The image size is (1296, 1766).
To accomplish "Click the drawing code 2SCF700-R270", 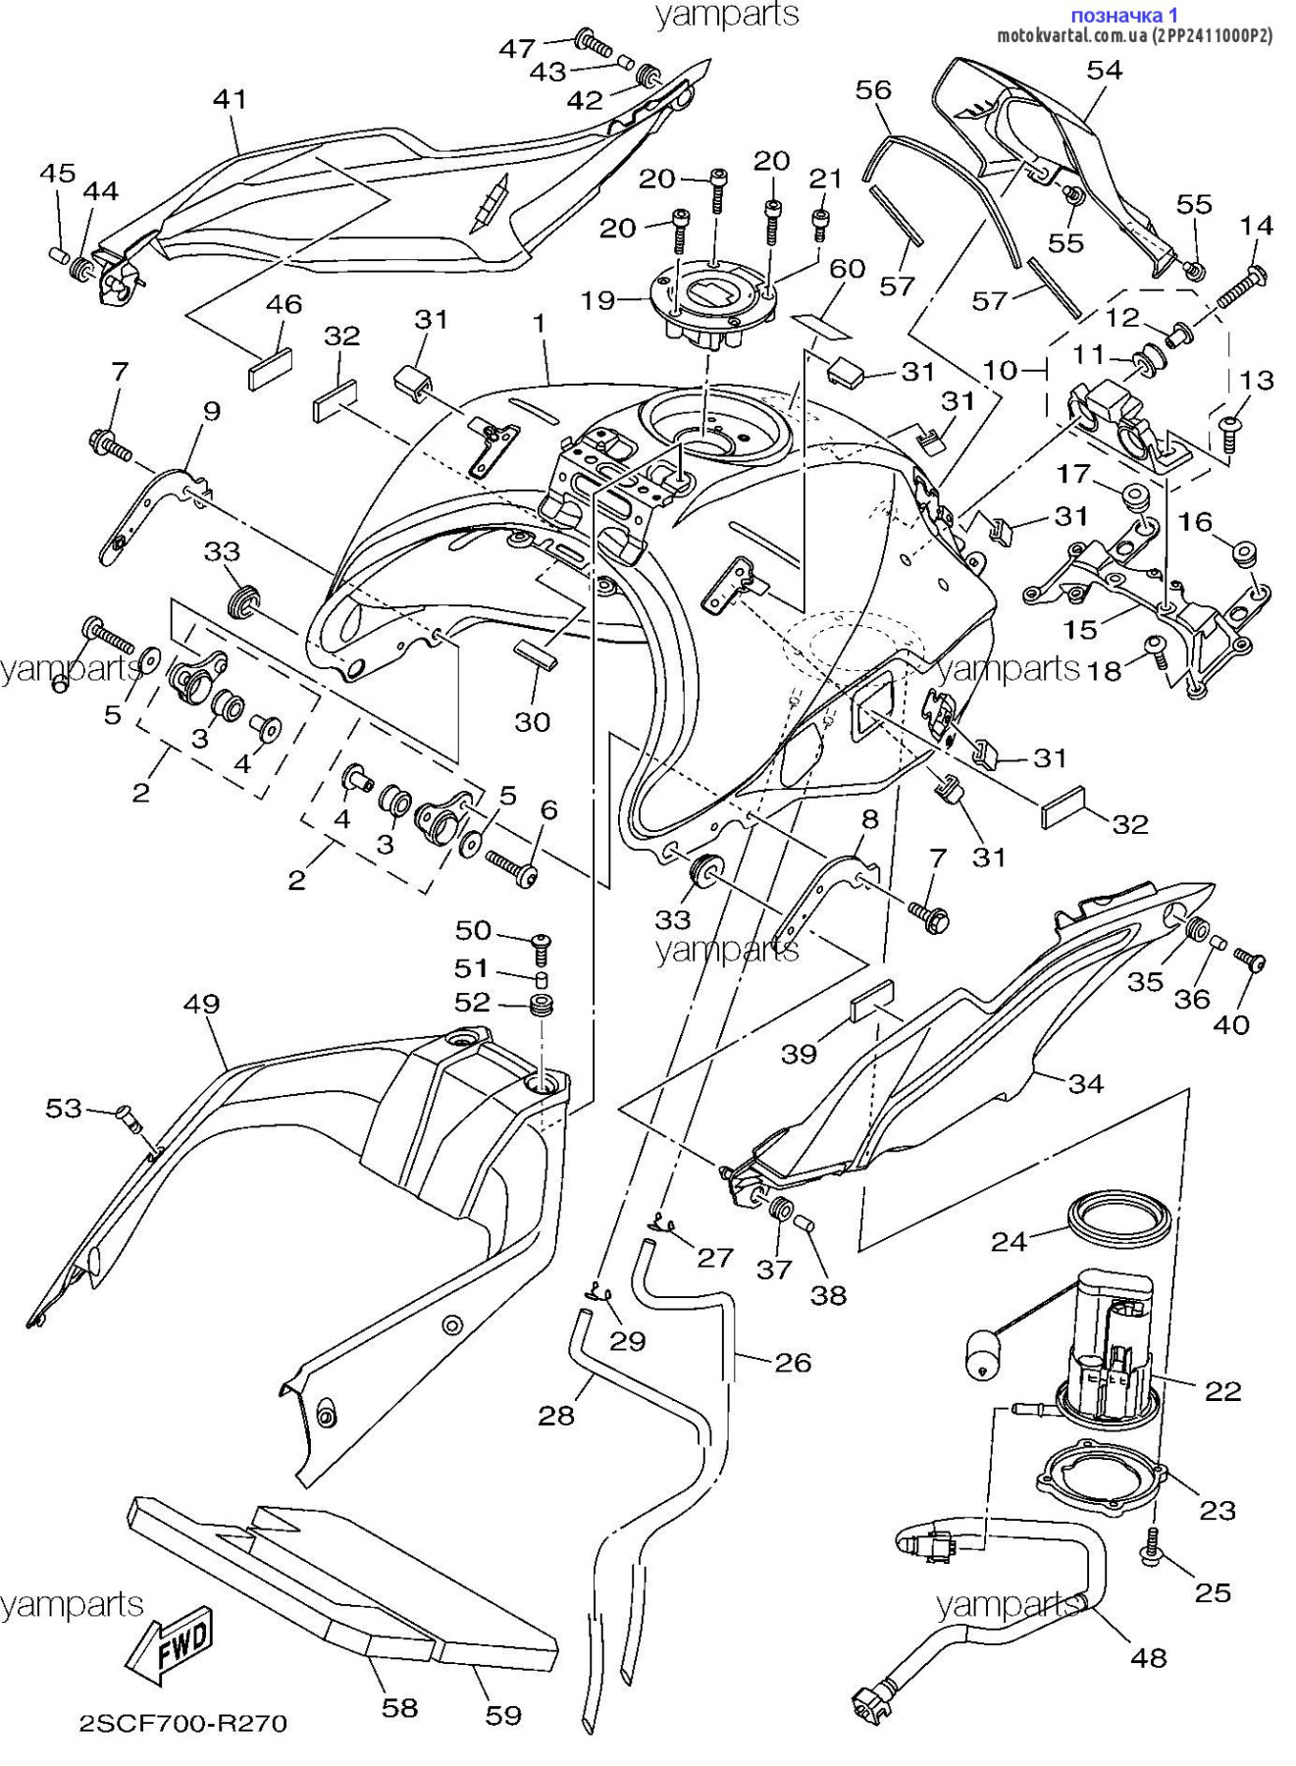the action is point(183,1723).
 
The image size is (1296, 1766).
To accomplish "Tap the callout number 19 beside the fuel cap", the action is point(597,299).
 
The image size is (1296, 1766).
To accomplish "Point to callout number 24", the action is point(1009,1241).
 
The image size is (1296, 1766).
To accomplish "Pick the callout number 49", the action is point(201,1004).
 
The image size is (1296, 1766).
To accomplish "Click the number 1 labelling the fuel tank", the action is point(539,322).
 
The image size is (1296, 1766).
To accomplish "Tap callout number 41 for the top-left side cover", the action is point(230,99).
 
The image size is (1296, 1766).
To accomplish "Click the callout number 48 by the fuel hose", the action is point(1148,1657).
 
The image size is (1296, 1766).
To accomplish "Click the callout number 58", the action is point(399,1708).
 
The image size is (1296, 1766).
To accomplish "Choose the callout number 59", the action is point(503,1715).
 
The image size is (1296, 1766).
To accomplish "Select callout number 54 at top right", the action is point(1105,70).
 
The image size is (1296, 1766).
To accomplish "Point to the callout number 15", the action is point(1080,629).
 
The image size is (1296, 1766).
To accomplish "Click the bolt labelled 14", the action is point(1240,284).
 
